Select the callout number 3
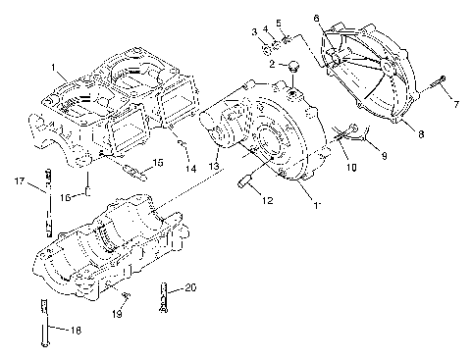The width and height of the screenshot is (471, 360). [x=254, y=32]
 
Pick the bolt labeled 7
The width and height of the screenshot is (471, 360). [x=316, y=18]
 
